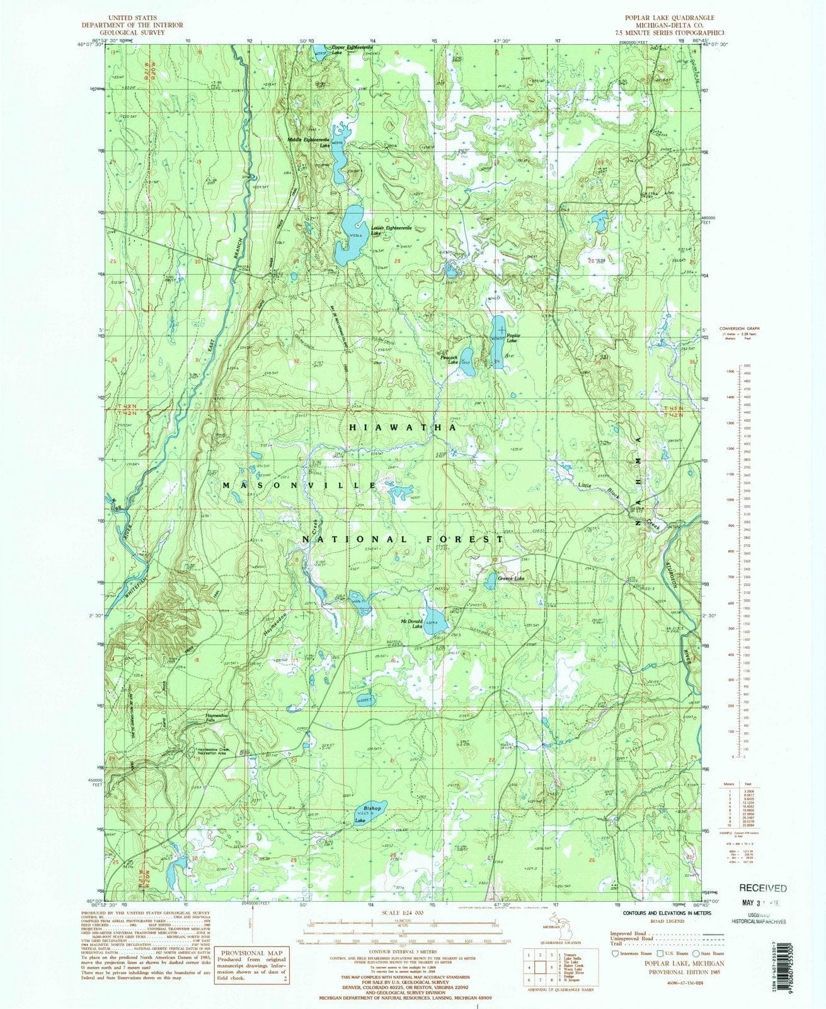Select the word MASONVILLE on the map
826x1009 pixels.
[299, 485]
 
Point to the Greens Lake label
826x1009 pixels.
[511, 578]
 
